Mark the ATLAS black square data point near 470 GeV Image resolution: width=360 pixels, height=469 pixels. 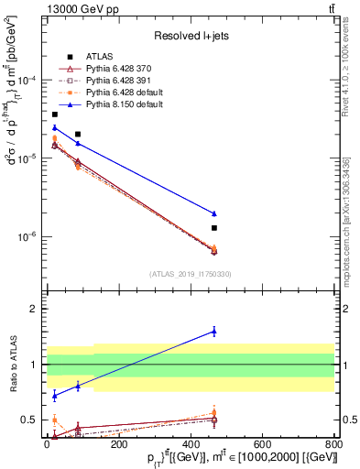click(214, 227)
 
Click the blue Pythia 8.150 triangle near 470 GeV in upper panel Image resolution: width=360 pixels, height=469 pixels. click(214, 213)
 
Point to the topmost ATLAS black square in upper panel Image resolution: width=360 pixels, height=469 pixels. click(55, 115)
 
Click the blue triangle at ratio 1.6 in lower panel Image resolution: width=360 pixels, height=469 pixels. click(214, 331)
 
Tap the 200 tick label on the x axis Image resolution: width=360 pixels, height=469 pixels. click(118, 443)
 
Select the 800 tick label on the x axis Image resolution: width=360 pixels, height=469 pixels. click(334, 443)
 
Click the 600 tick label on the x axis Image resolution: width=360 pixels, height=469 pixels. click(262, 443)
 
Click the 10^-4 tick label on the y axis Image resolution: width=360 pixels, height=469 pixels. click(27, 81)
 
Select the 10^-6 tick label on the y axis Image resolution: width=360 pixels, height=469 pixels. click(27, 236)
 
